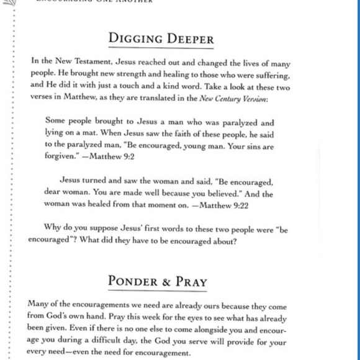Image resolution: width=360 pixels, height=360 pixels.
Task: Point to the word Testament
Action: pyautogui.click(x=92, y=64)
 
